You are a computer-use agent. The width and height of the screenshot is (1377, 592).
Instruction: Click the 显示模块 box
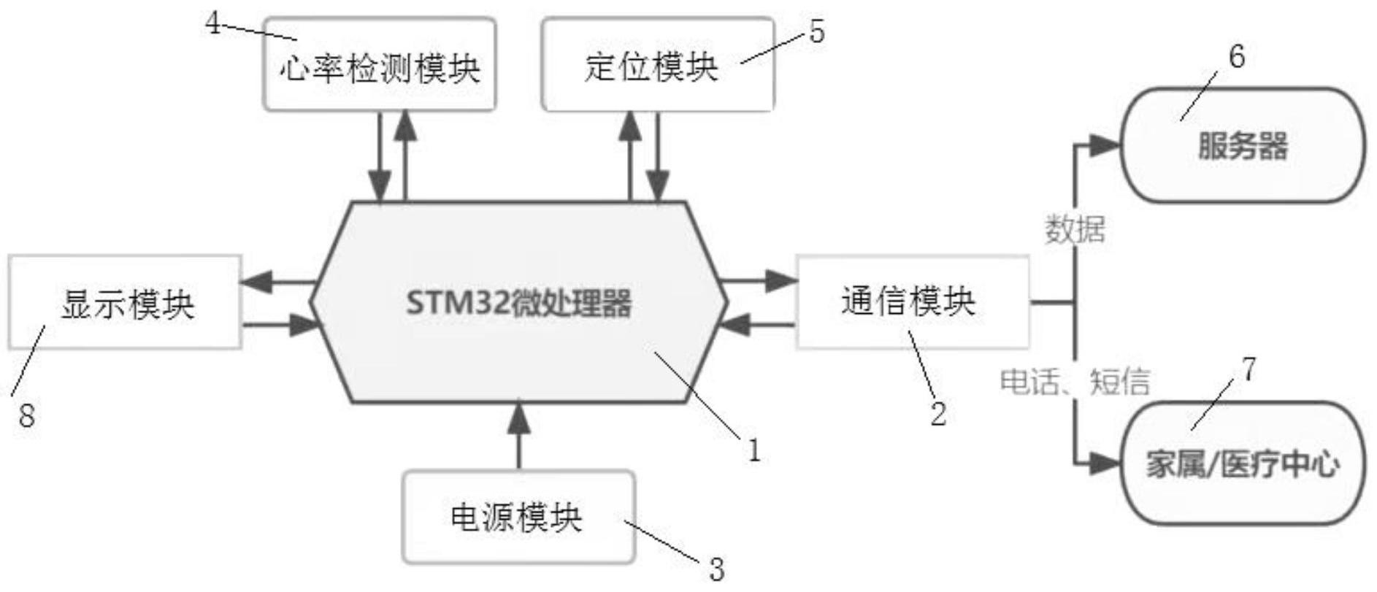(126, 303)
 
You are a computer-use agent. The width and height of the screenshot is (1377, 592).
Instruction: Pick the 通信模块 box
(911, 301)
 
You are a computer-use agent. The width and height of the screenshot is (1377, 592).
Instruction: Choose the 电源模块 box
(518, 518)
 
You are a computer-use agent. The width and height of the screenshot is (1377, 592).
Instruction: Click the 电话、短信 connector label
(1074, 382)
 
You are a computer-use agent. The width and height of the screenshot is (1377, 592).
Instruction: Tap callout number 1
(754, 450)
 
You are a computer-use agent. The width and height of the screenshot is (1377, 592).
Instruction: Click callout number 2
(938, 414)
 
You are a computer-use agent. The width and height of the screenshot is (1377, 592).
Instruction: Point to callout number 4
(212, 23)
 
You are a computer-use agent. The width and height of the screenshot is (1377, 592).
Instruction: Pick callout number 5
(817, 32)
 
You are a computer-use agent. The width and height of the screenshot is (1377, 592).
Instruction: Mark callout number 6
(1237, 57)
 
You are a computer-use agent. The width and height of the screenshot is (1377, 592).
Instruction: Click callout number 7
(1249, 369)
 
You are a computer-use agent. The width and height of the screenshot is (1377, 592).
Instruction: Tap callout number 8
(26, 416)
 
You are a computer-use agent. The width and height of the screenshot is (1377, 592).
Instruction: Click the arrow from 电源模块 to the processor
(518, 434)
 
